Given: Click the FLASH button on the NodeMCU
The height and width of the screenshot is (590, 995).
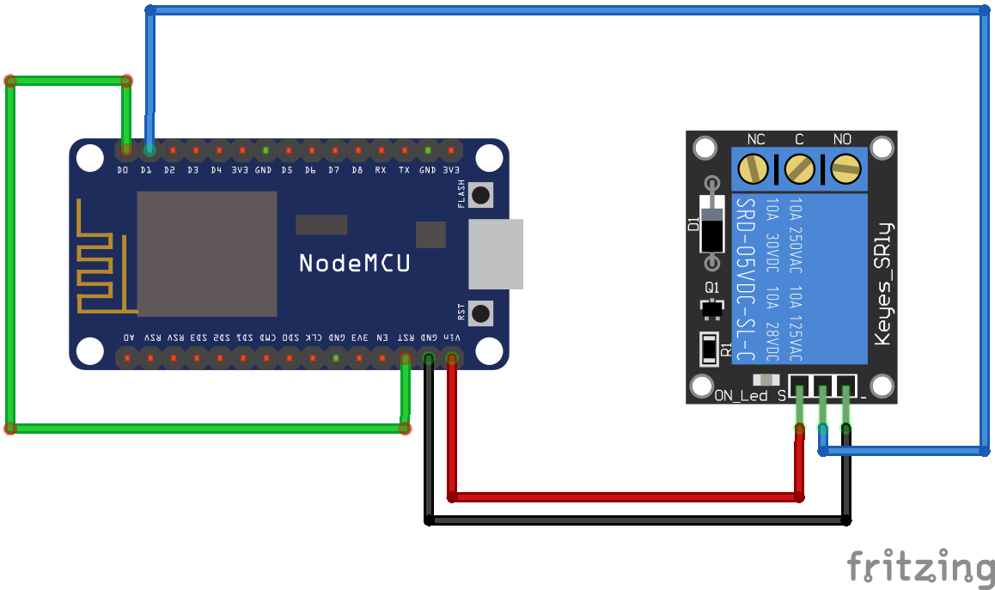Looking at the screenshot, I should pos(482,195).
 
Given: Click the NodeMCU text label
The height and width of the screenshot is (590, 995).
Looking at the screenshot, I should pos(354,263).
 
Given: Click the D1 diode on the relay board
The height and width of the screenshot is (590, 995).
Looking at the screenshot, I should pos(711,223).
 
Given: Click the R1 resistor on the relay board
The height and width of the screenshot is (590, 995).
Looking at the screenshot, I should pos(709,349).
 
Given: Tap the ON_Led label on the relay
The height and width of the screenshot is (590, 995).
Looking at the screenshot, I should pos(741,396).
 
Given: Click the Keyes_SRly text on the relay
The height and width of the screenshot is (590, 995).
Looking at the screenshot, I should pos(882,283).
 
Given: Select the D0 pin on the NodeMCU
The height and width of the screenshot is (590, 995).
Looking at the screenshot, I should pos(126,150).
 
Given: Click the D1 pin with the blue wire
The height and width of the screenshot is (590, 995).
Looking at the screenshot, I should pos(150,150).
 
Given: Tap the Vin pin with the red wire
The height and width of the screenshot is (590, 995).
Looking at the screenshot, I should pos(451,357).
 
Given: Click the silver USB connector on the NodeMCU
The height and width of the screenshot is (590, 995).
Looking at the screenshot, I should pos(496,254).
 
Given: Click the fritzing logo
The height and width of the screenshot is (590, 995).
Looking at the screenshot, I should pos(920,567).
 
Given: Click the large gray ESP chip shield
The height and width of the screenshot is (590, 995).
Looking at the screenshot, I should pos(207,254).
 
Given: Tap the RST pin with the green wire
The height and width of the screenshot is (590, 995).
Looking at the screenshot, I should pos(405,357).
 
